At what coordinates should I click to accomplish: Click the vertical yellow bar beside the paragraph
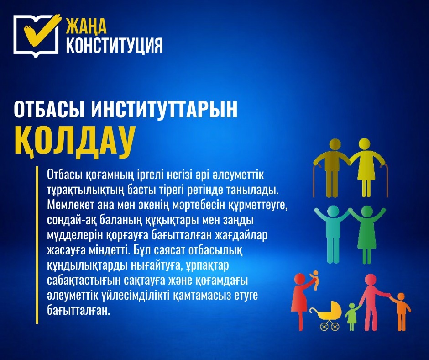[37, 245]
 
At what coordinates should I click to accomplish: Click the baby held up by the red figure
[314, 279]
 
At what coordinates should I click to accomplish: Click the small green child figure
[352, 315]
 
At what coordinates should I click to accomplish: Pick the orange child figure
[401, 311]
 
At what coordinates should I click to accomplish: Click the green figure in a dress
[366, 233]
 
